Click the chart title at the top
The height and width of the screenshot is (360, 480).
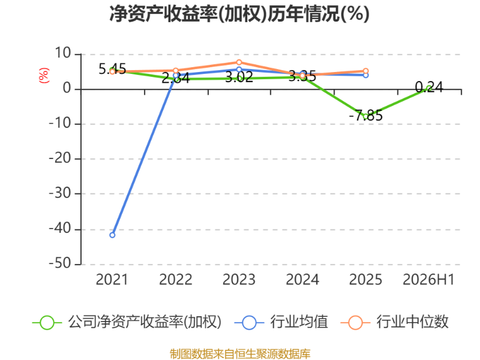tap(239, 14)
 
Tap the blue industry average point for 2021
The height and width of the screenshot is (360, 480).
tap(112, 235)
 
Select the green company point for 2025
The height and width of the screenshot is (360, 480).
tap(365, 116)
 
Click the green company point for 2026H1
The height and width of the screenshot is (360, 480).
tap(429, 88)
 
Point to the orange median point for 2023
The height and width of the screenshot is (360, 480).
tap(239, 62)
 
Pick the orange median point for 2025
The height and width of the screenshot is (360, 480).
tap(365, 71)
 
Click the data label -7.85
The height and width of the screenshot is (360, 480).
tap(366, 115)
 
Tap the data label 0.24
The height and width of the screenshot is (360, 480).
tap(429, 87)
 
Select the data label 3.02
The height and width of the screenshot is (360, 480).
tap(239, 77)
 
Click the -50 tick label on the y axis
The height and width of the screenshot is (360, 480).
tap(61, 263)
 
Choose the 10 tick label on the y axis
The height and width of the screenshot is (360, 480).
tap(63, 53)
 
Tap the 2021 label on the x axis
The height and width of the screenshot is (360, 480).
tap(112, 280)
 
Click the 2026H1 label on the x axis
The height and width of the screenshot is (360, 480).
tap(428, 280)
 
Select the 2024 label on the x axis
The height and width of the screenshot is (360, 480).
tap(302, 280)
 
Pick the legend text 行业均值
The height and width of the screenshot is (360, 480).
tap(299, 322)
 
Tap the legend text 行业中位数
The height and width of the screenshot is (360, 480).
tap(412, 322)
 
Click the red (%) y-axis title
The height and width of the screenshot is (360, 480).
tap(44, 76)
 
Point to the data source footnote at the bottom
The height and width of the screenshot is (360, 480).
tap(240, 354)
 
